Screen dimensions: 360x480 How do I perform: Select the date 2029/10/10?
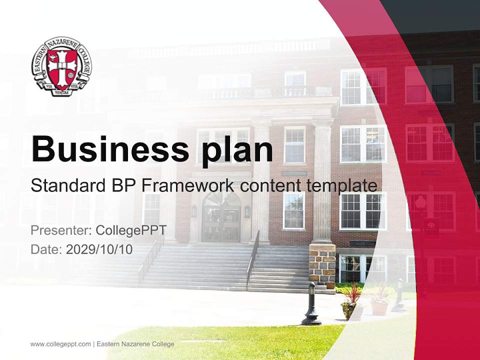pos(99,249)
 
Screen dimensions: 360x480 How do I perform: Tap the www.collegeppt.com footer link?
pos(60,344)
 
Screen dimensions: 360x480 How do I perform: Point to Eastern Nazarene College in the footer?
pos(135,344)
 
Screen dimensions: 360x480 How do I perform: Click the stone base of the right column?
pos(322,265)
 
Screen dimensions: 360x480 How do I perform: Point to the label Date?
pos(46,249)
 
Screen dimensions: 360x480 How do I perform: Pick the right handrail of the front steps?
pos(253,260)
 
